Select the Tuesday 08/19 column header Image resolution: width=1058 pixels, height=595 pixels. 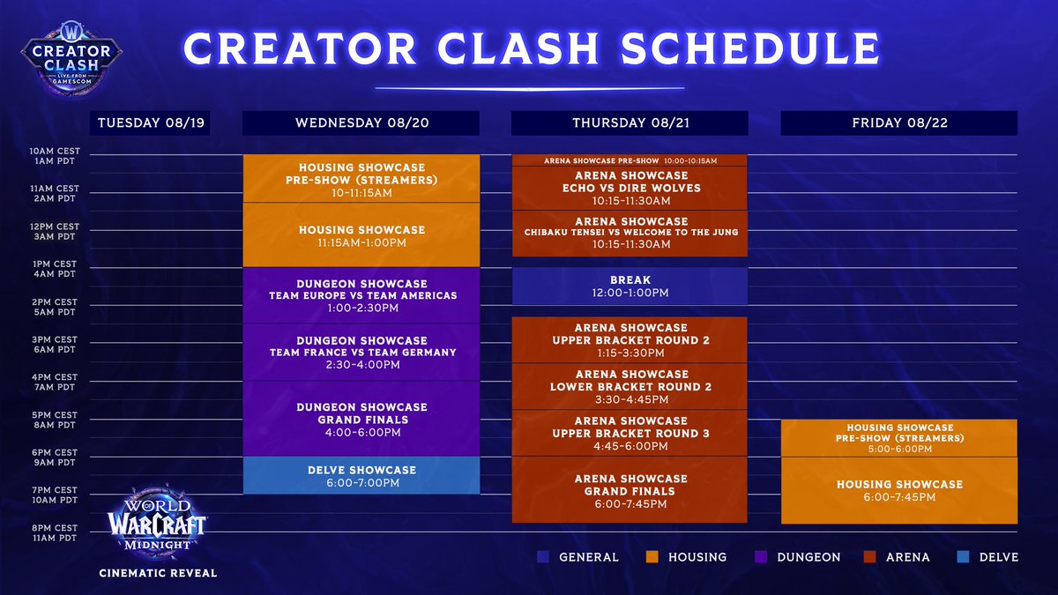point(151,123)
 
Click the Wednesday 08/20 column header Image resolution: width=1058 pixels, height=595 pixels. point(361,123)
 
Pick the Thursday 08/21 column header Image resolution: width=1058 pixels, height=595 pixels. point(630,123)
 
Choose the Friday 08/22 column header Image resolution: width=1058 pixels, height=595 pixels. point(899,123)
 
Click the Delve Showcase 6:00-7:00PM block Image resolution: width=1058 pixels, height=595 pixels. point(361,476)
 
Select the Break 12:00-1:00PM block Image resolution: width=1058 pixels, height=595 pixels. point(630,286)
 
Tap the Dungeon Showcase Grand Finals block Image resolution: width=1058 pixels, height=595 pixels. point(361,420)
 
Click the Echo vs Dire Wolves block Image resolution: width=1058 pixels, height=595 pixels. point(630,188)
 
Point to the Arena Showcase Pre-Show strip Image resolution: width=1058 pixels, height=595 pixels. point(630,160)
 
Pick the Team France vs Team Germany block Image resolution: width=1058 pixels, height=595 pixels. point(361,353)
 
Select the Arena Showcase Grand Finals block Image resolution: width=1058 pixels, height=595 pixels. point(630,490)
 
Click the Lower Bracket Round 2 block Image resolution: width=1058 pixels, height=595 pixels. point(630,386)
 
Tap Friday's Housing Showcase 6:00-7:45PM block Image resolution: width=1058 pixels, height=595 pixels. point(899,490)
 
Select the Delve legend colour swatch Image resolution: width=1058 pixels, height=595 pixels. point(964,557)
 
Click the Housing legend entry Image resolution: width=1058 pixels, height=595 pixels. point(687,557)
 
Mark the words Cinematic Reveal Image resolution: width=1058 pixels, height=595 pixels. point(158,572)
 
